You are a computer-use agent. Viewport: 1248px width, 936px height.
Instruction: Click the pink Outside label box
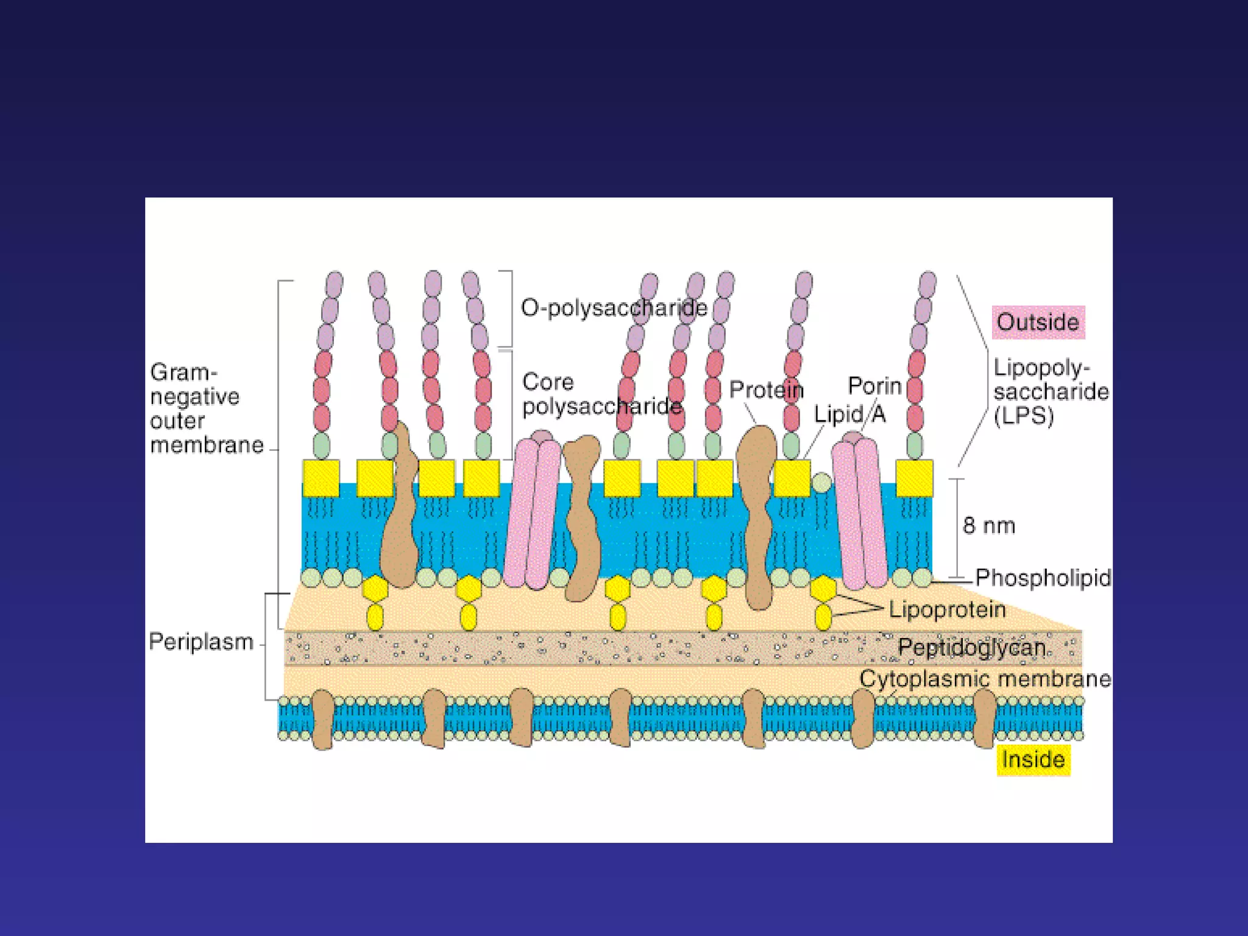tap(1038, 322)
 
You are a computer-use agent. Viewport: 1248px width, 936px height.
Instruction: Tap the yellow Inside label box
tap(1033, 760)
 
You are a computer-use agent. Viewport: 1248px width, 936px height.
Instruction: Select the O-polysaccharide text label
tap(614, 308)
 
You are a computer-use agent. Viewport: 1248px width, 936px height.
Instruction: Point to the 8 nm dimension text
tap(988, 525)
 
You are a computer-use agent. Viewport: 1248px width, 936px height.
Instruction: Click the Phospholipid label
tap(1043, 578)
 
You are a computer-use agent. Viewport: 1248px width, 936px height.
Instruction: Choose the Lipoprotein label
tap(946, 609)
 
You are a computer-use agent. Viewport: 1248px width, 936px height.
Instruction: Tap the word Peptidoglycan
tap(971, 647)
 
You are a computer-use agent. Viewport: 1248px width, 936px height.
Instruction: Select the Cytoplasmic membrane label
tap(985, 679)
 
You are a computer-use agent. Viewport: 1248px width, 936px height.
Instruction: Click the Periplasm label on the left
tap(200, 642)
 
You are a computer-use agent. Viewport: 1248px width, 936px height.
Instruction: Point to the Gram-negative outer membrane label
tap(206, 408)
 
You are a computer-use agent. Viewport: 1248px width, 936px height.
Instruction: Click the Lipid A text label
tap(849, 415)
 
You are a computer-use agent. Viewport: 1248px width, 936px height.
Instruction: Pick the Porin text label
tap(874, 386)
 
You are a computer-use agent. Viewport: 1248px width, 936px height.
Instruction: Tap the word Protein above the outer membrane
tap(766, 390)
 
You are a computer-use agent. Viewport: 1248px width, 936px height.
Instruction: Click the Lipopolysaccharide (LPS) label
tap(1051, 392)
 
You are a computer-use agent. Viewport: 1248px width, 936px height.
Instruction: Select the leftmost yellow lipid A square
tap(321, 478)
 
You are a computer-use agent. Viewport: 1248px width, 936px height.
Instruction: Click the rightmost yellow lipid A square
tap(914, 478)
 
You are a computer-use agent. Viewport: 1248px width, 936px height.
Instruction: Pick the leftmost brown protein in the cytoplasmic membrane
tap(322, 719)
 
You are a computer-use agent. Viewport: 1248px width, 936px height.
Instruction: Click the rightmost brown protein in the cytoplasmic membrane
tap(984, 719)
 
